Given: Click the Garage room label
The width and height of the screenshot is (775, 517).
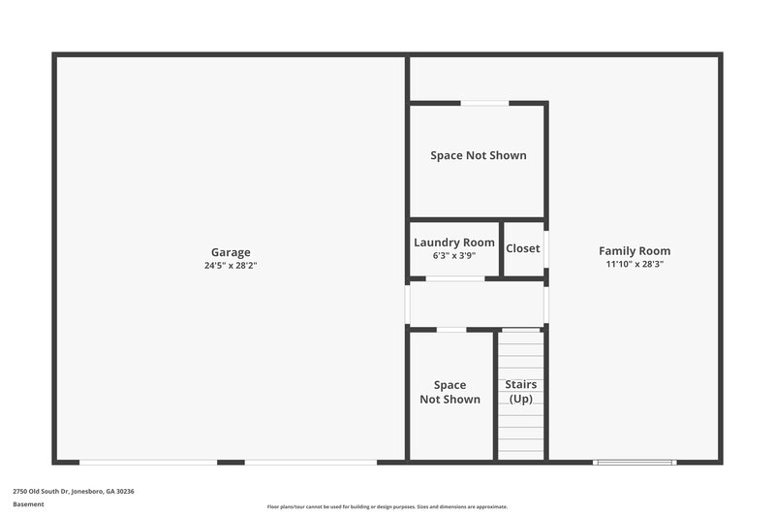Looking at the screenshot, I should point(231,252).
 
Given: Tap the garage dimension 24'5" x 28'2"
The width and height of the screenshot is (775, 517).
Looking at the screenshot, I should point(231,265).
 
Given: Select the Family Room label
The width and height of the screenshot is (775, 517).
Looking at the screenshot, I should point(635,250).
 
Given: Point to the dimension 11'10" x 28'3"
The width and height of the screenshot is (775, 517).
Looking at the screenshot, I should point(635,264).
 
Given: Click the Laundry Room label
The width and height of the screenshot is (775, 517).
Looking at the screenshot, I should point(454,242).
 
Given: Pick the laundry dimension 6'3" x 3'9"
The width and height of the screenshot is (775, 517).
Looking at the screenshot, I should point(454,256).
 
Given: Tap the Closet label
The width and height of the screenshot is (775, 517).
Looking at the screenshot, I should point(523,248).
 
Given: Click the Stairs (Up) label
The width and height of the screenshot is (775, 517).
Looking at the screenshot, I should point(521,392).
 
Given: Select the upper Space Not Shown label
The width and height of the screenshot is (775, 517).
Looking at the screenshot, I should point(479,155).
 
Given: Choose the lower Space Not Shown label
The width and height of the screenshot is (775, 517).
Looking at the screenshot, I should point(449,392).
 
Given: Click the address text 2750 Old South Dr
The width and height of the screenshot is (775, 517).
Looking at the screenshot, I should point(74,492).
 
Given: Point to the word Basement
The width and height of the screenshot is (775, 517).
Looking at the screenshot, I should point(28,504).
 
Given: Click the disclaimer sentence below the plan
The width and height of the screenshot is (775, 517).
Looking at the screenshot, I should point(387,506).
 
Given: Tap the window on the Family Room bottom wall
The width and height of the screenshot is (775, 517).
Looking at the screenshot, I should point(634,462).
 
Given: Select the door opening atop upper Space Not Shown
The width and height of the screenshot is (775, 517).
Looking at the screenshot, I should point(484,103).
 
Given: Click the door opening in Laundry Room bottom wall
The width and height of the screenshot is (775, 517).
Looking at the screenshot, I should point(455,279).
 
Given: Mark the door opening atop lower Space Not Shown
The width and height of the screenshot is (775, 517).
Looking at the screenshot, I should point(451,330).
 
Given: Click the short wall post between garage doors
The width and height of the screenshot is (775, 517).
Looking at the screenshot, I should point(231,462).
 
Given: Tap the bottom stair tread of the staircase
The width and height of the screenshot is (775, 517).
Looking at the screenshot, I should point(521,455).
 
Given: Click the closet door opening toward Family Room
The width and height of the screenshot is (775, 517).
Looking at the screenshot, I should point(546,248).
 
